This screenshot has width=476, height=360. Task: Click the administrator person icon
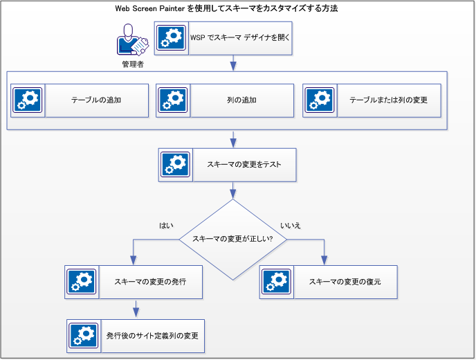click(x=132, y=40)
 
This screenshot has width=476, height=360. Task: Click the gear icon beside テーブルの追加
click(x=28, y=100)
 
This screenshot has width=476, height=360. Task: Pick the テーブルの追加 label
click(x=96, y=100)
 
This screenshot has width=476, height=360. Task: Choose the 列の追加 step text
click(x=241, y=100)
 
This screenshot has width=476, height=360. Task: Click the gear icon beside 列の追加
click(x=173, y=100)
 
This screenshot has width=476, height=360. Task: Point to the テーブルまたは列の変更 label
click(x=388, y=100)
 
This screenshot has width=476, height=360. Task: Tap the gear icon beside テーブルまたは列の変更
click(x=320, y=100)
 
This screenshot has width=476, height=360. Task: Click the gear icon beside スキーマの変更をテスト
click(x=176, y=165)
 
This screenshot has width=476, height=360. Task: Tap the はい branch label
click(x=166, y=226)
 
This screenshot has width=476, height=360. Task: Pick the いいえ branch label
click(x=291, y=226)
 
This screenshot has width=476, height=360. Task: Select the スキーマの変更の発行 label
click(x=149, y=282)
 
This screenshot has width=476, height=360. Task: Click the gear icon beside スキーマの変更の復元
click(x=277, y=282)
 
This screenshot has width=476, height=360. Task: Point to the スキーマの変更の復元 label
click(x=345, y=282)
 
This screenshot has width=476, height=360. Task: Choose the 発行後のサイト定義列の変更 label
click(x=152, y=336)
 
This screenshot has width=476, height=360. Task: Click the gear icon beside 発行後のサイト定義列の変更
click(x=84, y=336)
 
